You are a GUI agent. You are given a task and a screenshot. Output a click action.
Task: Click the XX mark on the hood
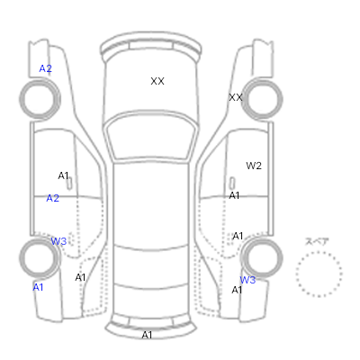[157, 81]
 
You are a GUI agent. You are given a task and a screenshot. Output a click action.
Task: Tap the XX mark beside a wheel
[236, 97]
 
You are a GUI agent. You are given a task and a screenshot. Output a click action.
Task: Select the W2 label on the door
[254, 166]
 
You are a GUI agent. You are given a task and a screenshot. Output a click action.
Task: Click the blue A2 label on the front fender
[46, 68]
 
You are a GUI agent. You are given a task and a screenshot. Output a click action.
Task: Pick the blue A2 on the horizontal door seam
[53, 198]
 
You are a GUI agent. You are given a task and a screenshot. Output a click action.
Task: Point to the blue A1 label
[38, 287]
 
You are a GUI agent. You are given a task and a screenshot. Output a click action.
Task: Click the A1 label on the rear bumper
[147, 335]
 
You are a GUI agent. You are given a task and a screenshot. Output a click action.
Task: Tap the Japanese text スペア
[317, 241]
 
